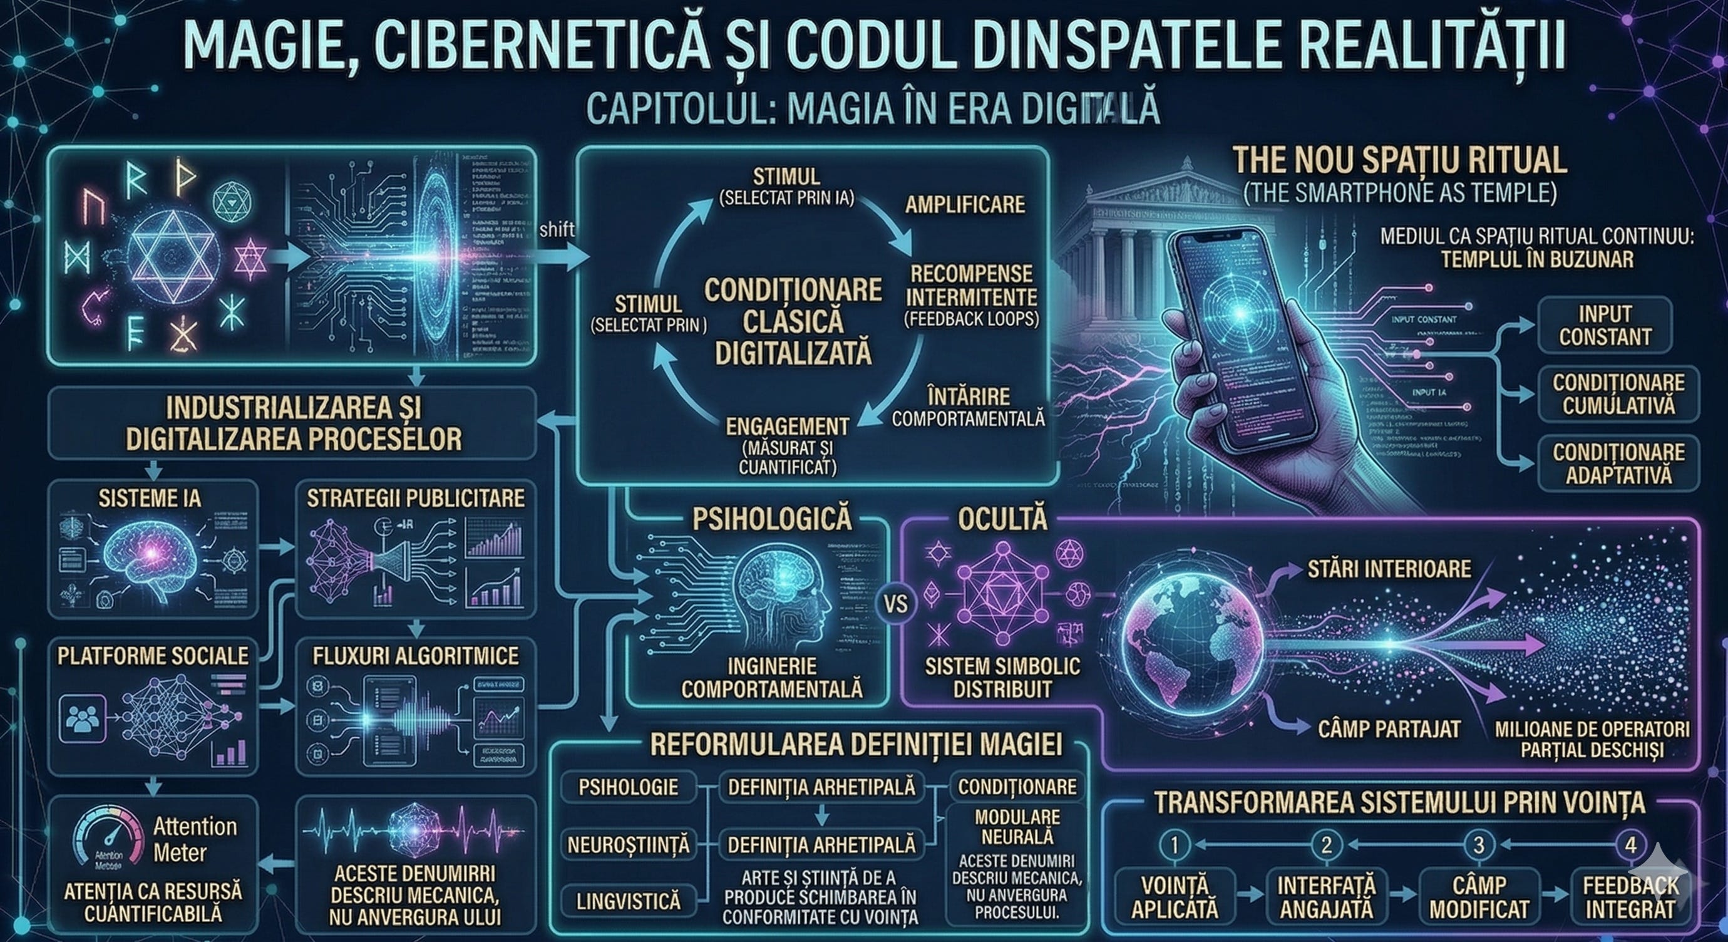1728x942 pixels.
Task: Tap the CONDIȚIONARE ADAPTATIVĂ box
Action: (1618, 463)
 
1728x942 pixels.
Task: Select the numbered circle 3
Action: (1478, 845)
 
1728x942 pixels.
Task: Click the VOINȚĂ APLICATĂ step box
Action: (1174, 897)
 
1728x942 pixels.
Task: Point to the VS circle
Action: (895, 604)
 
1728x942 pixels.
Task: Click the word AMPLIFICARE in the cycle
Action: (965, 204)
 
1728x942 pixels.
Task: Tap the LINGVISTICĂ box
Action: (629, 901)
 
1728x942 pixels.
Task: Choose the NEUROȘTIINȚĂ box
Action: (629, 845)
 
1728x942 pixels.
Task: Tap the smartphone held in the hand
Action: (1241, 336)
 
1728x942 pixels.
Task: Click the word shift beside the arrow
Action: (556, 229)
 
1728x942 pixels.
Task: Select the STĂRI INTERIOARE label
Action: (1389, 569)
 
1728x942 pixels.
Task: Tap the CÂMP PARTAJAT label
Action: (1389, 728)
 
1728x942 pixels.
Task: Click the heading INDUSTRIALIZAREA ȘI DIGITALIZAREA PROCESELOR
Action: (293, 423)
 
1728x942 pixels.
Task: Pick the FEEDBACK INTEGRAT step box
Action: (1630, 897)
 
